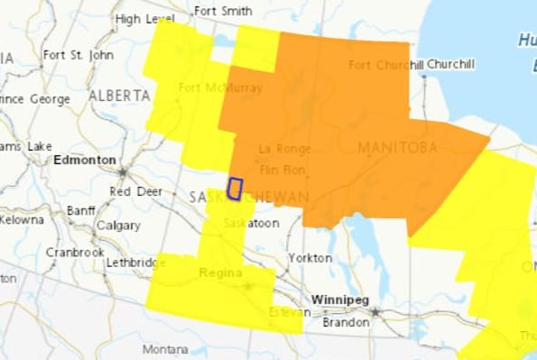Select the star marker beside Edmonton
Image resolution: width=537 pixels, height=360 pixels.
click(x=122, y=170)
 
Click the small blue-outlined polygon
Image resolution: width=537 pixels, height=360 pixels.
click(x=235, y=189)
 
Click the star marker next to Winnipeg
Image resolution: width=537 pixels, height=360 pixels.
click(x=375, y=311)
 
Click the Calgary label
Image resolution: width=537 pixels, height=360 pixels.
click(x=118, y=226)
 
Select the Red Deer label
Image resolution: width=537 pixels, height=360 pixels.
click(x=135, y=191)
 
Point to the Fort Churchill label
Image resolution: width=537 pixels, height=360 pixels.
click(x=385, y=65)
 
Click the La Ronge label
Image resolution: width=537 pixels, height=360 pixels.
click(x=284, y=149)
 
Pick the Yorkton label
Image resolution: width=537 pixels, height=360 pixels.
click(x=310, y=258)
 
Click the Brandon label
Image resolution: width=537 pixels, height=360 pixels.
click(x=347, y=322)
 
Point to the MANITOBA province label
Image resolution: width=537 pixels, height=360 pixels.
click(x=397, y=147)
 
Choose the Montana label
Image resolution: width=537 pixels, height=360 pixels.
click(x=164, y=349)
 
